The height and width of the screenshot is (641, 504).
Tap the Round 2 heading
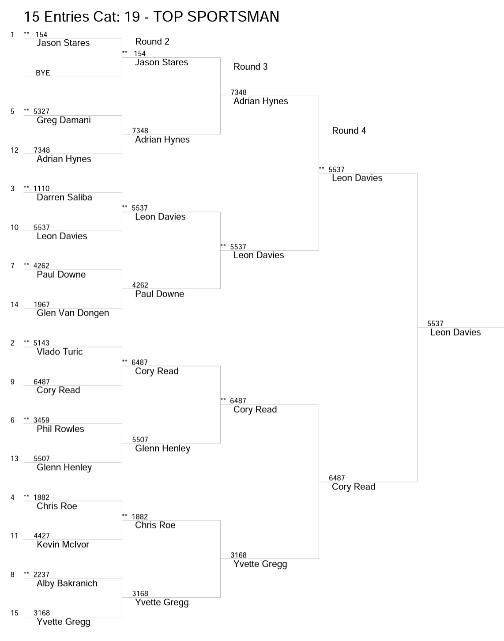(152, 41)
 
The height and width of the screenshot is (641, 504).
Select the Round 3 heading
(251, 66)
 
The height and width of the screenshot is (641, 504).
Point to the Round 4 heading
(349, 131)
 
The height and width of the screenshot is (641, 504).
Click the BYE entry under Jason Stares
(43, 73)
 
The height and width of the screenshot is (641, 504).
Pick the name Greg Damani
(64, 121)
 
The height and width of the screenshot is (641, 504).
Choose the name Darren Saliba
(64, 197)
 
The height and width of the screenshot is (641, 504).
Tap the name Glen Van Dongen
(73, 313)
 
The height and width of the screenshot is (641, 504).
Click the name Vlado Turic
(60, 351)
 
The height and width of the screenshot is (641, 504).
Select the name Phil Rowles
(60, 429)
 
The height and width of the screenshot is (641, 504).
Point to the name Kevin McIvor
(63, 544)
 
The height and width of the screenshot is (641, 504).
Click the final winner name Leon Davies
(455, 332)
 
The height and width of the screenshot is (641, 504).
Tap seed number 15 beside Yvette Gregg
(14, 613)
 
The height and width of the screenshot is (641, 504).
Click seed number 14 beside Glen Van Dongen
(14, 305)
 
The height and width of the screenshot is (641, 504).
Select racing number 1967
(41, 305)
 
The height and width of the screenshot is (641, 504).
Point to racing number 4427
(41, 535)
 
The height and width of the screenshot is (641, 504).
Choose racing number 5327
(41, 111)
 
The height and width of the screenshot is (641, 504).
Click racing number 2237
(41, 574)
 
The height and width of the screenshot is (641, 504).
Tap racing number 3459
(41, 420)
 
